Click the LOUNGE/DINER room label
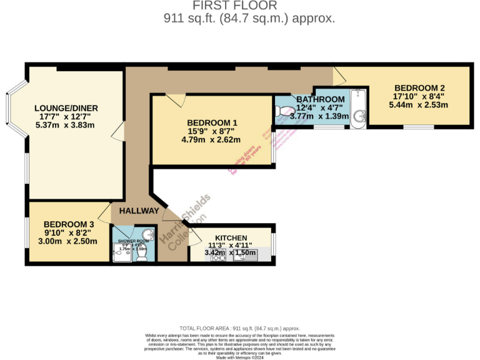66,108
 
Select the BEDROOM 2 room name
419,87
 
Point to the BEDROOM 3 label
68,224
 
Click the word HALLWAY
139,211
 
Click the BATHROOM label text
320,99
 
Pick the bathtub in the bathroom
358,107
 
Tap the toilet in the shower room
142,255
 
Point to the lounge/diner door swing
117,131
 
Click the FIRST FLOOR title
248,6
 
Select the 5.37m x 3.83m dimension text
66,125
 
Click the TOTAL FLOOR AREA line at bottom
240,328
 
